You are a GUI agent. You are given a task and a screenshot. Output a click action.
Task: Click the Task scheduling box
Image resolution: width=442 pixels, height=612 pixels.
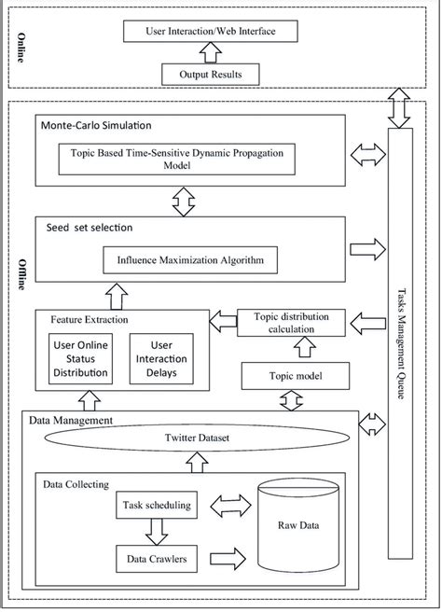156,507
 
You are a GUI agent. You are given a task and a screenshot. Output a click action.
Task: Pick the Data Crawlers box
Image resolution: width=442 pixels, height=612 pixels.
156,560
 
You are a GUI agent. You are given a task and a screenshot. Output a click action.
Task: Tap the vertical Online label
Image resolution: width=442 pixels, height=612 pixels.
20,47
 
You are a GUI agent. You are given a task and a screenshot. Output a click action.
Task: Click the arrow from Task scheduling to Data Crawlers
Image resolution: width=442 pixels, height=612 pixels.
156,534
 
